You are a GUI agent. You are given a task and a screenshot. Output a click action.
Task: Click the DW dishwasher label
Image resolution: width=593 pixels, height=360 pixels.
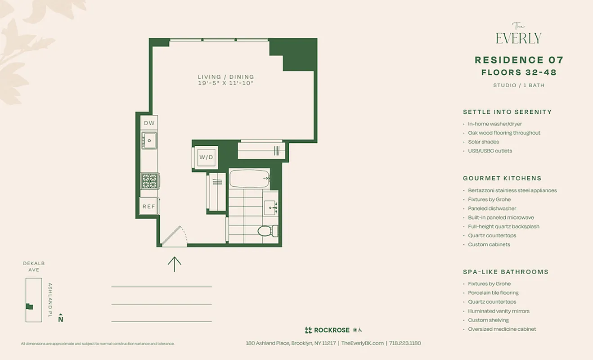(149, 123)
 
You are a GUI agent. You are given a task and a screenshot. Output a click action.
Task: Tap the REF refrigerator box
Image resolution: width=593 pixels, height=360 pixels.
(148, 207)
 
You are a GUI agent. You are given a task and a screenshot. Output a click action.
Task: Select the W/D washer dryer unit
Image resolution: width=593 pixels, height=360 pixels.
(207, 157)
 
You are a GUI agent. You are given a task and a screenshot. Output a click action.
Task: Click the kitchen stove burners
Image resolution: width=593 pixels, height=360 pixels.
(148, 181)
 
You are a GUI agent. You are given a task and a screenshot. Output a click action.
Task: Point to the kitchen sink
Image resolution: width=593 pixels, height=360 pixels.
(148, 140)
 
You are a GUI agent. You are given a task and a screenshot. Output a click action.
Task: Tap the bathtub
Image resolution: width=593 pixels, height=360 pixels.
(249, 179)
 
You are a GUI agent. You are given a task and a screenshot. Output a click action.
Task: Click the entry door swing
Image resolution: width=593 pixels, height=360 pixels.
(174, 237)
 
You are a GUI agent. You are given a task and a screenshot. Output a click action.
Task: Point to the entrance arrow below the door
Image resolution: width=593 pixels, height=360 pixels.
(174, 264)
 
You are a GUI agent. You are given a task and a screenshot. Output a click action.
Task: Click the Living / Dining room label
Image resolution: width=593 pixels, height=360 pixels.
(226, 77)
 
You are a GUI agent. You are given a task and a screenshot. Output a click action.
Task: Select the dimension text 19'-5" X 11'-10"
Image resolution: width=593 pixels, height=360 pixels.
(226, 83)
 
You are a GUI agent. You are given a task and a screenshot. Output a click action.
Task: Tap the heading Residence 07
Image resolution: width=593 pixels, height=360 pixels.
(519, 60)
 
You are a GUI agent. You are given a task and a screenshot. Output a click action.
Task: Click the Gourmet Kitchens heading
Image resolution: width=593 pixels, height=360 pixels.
(502, 178)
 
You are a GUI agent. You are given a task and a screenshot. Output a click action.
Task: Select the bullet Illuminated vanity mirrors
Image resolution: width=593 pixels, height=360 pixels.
(499, 311)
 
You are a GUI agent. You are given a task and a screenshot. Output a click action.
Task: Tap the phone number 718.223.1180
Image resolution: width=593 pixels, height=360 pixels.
(405, 343)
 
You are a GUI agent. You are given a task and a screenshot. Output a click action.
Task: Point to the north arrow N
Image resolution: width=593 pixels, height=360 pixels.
(61, 319)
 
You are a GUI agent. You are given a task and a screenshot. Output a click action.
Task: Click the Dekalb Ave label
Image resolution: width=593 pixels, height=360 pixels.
(34, 266)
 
